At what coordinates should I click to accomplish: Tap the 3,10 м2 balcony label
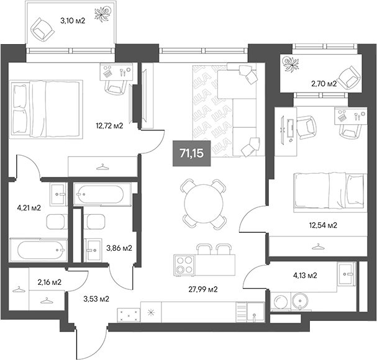[x=72, y=20]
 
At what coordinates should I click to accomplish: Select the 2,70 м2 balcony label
[x=324, y=83]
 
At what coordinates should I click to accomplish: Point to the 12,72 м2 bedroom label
[x=108, y=125]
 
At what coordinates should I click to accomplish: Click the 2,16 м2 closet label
[x=48, y=282]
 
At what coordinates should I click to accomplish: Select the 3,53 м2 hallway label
[x=96, y=299]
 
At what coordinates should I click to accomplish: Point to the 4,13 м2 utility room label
[x=304, y=275]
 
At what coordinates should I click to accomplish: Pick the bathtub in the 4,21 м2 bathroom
[x=40, y=251]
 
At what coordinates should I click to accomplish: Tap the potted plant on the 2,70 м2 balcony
[x=290, y=61]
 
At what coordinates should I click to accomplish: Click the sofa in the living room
[x=220, y=109]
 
